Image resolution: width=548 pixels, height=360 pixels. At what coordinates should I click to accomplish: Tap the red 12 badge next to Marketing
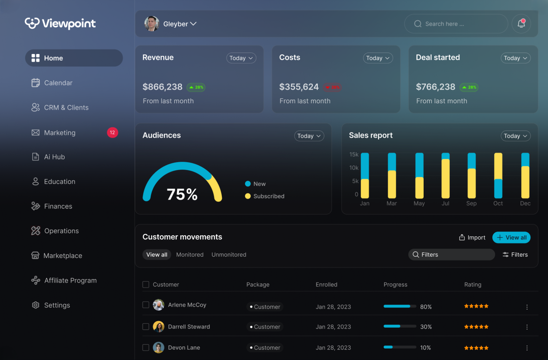[112, 133]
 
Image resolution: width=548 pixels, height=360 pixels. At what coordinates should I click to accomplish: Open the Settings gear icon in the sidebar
[36, 305]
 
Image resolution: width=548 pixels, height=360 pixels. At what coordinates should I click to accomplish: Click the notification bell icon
[521, 24]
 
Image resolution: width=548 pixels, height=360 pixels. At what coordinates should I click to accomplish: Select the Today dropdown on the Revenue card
[241, 58]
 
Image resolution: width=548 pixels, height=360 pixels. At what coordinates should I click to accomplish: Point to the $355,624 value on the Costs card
[299, 87]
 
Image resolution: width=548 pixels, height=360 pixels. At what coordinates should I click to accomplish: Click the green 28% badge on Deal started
[469, 87]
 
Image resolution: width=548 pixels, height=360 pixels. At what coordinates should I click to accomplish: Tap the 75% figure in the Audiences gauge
[182, 194]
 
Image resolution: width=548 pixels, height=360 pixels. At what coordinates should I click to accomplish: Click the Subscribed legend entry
[265, 196]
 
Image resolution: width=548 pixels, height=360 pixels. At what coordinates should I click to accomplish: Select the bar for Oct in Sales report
[498, 176]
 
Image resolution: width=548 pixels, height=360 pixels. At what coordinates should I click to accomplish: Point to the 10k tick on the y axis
[354, 168]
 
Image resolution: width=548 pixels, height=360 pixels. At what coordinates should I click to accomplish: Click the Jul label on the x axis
[445, 203]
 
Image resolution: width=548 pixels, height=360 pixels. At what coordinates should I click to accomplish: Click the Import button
[472, 238]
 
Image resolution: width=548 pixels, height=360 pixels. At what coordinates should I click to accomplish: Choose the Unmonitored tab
[229, 255]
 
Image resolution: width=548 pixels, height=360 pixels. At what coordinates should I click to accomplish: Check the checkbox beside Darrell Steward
[146, 326]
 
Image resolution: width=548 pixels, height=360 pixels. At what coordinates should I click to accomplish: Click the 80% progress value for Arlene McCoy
[426, 307]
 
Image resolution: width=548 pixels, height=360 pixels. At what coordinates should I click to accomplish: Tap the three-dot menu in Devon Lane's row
[527, 348]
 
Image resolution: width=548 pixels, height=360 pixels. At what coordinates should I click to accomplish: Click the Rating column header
[473, 285]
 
